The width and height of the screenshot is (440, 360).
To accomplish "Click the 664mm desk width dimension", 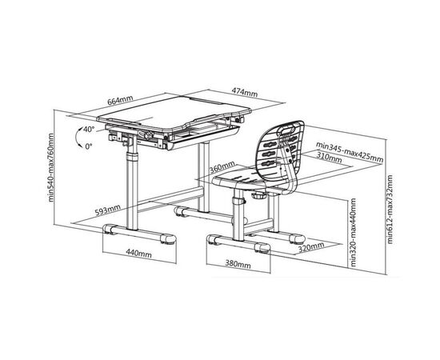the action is pyautogui.click(x=120, y=101).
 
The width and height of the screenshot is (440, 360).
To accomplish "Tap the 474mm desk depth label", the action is pyautogui.click(x=245, y=92).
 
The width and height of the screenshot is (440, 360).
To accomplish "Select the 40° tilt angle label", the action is pyautogui.click(x=89, y=130).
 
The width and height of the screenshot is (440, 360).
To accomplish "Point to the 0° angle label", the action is pyautogui.click(x=89, y=146).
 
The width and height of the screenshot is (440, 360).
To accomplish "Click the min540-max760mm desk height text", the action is pyautogui.click(x=50, y=167).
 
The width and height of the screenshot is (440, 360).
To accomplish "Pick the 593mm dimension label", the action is pyautogui.click(x=107, y=210).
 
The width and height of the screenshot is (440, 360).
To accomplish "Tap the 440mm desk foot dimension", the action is pyautogui.click(x=138, y=254).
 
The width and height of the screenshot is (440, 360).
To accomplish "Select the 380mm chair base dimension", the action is pyautogui.click(x=238, y=264).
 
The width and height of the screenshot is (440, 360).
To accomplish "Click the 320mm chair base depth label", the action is pyautogui.click(x=311, y=247).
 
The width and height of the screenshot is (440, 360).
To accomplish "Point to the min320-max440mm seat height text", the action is pyautogui.click(x=353, y=232).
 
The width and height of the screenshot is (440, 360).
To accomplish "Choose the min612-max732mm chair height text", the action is pyautogui.click(x=390, y=209).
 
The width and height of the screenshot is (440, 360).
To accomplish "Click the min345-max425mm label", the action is pyautogui.click(x=350, y=152).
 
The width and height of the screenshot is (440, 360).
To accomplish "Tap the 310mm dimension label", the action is pyautogui.click(x=330, y=157).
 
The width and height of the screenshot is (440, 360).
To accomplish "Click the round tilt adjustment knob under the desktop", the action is pyautogui.click(x=148, y=135).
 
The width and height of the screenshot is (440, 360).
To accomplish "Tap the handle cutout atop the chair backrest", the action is pyautogui.click(x=286, y=130).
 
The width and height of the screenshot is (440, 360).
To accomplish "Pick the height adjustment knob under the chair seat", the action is pyautogui.click(x=258, y=195).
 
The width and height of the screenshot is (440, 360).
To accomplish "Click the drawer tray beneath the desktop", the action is pyautogui.click(x=202, y=135).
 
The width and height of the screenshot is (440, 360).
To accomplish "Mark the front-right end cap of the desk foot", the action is pyautogui.click(x=169, y=239).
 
